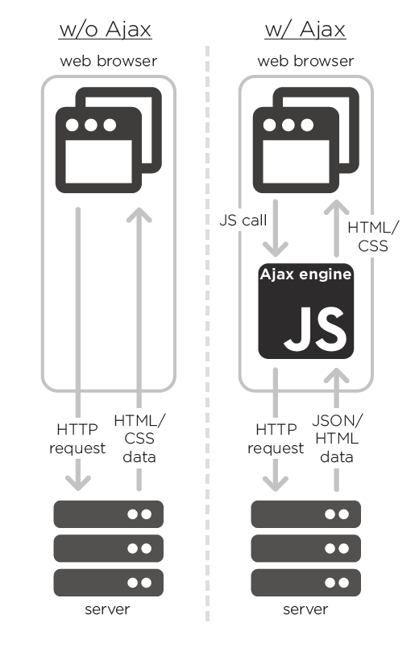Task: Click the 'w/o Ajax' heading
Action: coord(105,30)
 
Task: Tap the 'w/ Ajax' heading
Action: coord(305,30)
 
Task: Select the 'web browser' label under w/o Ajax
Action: coord(109,61)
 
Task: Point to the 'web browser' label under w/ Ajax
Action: coord(305,61)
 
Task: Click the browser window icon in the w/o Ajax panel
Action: coord(109,140)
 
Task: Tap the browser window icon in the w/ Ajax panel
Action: coord(306,140)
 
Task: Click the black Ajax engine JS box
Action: coord(306,311)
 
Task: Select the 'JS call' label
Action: coord(243,221)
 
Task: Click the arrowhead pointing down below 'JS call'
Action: coord(275,250)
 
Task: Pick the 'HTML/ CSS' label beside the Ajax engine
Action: coord(373,237)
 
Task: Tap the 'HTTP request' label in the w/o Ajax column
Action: coord(77,439)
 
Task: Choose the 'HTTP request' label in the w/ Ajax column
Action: coord(276,439)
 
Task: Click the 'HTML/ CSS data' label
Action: coord(139,439)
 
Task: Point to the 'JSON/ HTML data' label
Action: coord(337,439)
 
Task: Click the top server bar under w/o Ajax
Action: coord(109,514)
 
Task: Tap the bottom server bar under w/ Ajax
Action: coord(306,583)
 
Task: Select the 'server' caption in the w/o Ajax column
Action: coord(107,609)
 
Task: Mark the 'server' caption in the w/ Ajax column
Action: coord(305,609)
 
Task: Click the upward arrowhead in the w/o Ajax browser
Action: coord(139,215)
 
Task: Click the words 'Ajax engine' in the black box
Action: coord(305,274)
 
